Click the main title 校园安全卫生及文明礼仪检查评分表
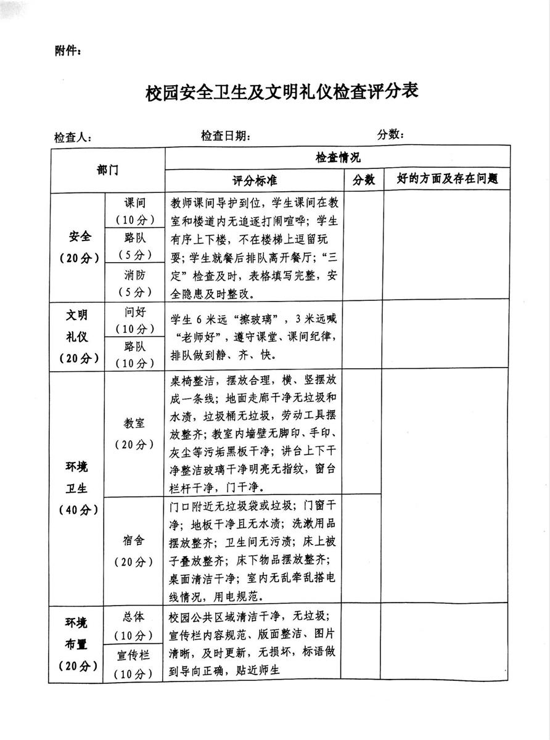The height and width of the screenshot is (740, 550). click(282, 93)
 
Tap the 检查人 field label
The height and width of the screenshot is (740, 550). click(73, 138)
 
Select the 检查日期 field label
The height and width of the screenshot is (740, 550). click(225, 136)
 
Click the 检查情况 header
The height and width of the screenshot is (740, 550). click(337, 157)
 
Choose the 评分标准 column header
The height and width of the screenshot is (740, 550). click(254, 180)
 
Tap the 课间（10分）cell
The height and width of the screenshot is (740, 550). click(134, 211)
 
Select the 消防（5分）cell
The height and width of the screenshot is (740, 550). click(134, 283)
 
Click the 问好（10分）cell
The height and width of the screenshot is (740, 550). click(134, 319)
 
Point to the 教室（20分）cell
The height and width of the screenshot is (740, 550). click(134, 433)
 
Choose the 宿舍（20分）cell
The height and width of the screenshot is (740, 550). click(134, 551)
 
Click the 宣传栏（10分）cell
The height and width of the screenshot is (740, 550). click(134, 664)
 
